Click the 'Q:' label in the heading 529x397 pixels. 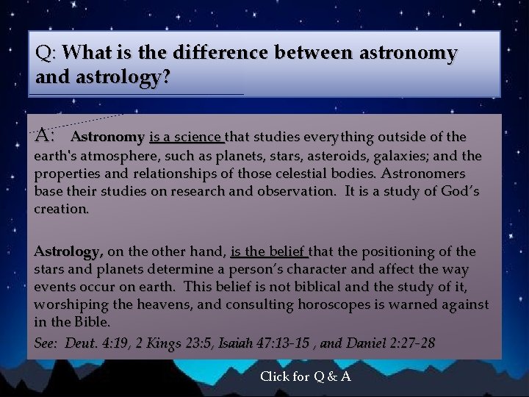click(x=46, y=54)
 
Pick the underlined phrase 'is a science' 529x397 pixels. click(x=186, y=137)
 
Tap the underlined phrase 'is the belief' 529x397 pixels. click(x=269, y=251)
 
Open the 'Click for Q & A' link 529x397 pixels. click(x=305, y=376)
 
